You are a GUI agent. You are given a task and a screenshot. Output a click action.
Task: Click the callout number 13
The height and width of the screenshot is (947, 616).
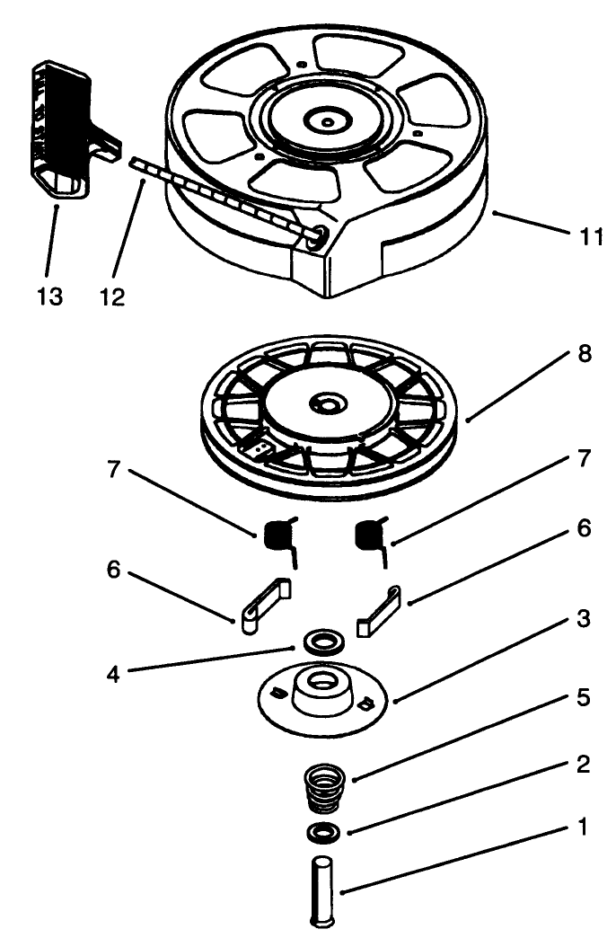pos(50,296)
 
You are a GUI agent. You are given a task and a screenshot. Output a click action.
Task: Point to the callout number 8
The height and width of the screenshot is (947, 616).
pos(585,354)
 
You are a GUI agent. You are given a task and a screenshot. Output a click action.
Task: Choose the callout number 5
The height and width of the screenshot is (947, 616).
pos(585,697)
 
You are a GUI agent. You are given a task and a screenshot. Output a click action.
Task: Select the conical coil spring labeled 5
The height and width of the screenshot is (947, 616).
pos(325,787)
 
